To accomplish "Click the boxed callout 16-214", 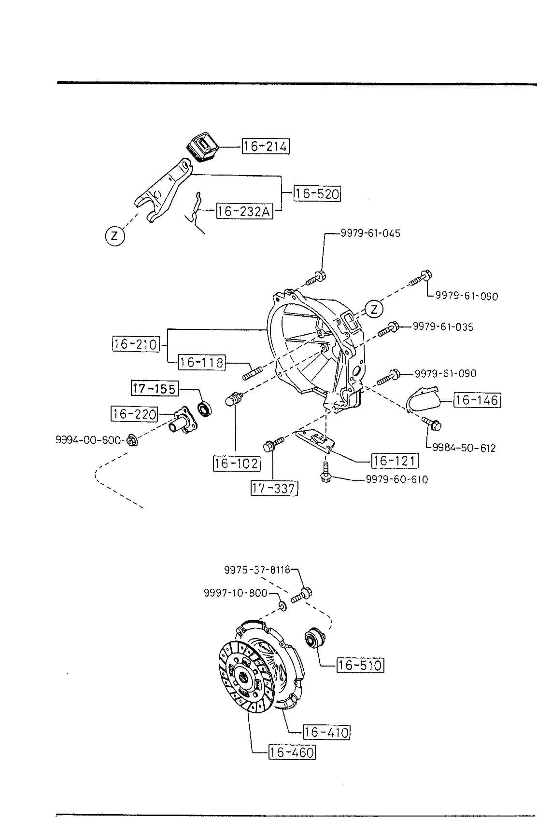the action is point(266,146).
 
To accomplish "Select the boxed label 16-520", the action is point(317,193).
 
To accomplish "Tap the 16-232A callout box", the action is point(244,211).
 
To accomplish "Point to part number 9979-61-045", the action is point(370,233).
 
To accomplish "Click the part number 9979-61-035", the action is point(443,327).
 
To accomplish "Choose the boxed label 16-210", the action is point(136,343).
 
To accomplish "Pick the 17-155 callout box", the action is point(155,388).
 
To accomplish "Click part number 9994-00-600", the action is point(88,440).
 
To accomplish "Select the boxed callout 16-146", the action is point(477,400).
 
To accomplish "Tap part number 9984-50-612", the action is point(464,448).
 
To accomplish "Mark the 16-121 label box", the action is point(395,461).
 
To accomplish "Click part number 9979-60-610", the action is point(397,479).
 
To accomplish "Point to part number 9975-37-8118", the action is point(257,570).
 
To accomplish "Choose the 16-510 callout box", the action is point(360,665).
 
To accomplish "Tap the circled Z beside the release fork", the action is point(115,236).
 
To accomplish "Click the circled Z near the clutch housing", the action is point(374,310).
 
